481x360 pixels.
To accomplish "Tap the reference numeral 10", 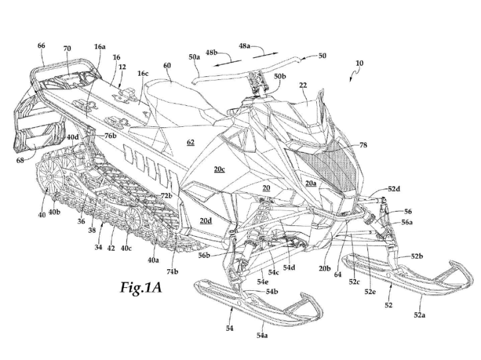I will (360, 63).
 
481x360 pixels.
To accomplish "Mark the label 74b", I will (173, 272).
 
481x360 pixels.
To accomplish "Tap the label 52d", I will (394, 189).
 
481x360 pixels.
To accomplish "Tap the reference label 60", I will (167, 65).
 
